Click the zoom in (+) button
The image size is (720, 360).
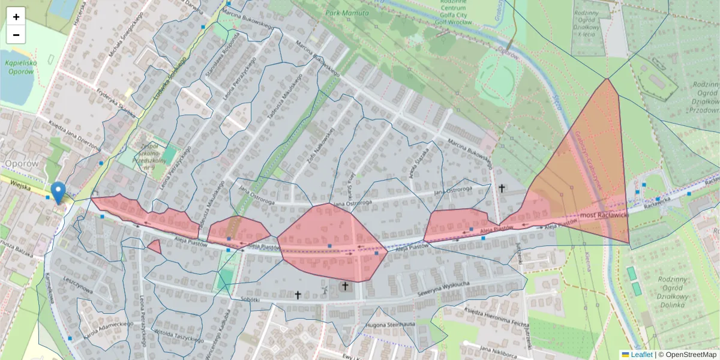(16, 16)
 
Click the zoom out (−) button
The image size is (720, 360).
(16, 35)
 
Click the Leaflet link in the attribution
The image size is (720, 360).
(641, 355)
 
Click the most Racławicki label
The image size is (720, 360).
(602, 215)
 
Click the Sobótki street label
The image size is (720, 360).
(248, 298)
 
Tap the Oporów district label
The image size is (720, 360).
(21, 163)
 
